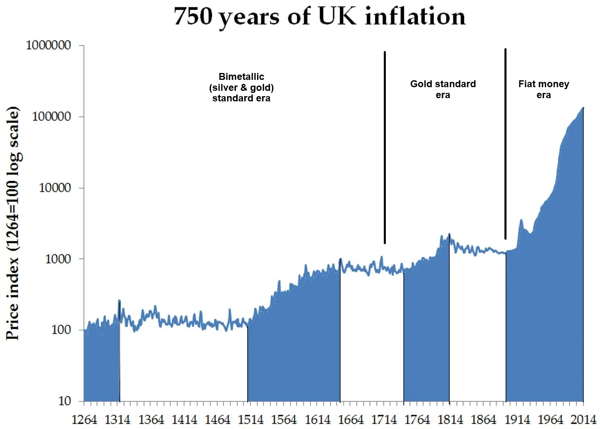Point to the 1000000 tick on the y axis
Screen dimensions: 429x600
click(x=49, y=45)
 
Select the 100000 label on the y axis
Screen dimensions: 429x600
click(x=51, y=117)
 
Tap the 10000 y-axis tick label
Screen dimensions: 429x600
click(x=55, y=188)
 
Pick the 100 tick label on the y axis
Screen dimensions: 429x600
click(x=61, y=330)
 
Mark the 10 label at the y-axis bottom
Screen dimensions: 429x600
click(x=65, y=401)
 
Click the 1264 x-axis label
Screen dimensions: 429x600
click(x=84, y=420)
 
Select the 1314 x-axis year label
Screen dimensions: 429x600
click(x=117, y=420)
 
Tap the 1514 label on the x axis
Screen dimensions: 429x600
click(x=251, y=420)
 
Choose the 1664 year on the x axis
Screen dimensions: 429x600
click(x=351, y=420)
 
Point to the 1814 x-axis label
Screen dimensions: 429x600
click(x=450, y=420)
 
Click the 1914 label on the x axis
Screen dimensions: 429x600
click(x=517, y=420)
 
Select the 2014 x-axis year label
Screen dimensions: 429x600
click(x=583, y=420)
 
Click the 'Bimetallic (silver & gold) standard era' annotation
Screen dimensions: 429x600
click(x=241, y=88)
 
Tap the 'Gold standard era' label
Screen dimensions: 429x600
click(x=443, y=90)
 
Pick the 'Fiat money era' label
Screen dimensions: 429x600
click(x=544, y=90)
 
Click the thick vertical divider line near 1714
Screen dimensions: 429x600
click(x=385, y=146)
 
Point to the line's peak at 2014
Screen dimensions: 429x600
click(x=583, y=108)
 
